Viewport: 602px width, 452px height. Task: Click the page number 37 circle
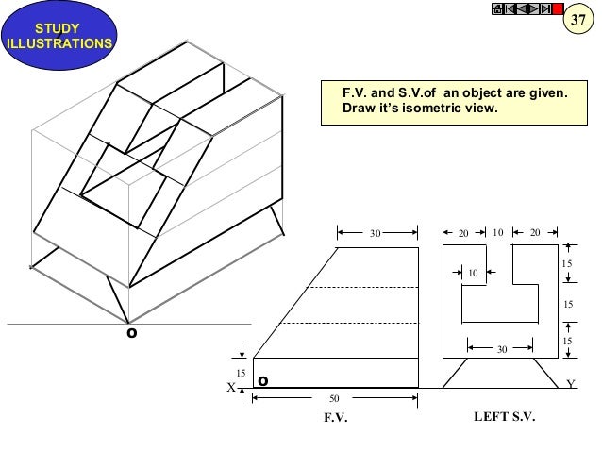[x=582, y=21]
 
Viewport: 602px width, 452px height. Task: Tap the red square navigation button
[x=557, y=9]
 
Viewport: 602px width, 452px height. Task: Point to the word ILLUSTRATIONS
[x=59, y=43]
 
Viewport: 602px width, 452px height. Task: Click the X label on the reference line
[x=230, y=387]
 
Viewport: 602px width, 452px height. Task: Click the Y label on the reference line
[x=571, y=385]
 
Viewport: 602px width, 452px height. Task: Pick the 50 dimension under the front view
[x=335, y=399]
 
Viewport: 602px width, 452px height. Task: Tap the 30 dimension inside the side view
[x=502, y=349]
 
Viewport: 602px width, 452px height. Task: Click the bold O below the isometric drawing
[x=131, y=333]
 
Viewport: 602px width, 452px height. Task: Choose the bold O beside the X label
[x=262, y=382]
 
